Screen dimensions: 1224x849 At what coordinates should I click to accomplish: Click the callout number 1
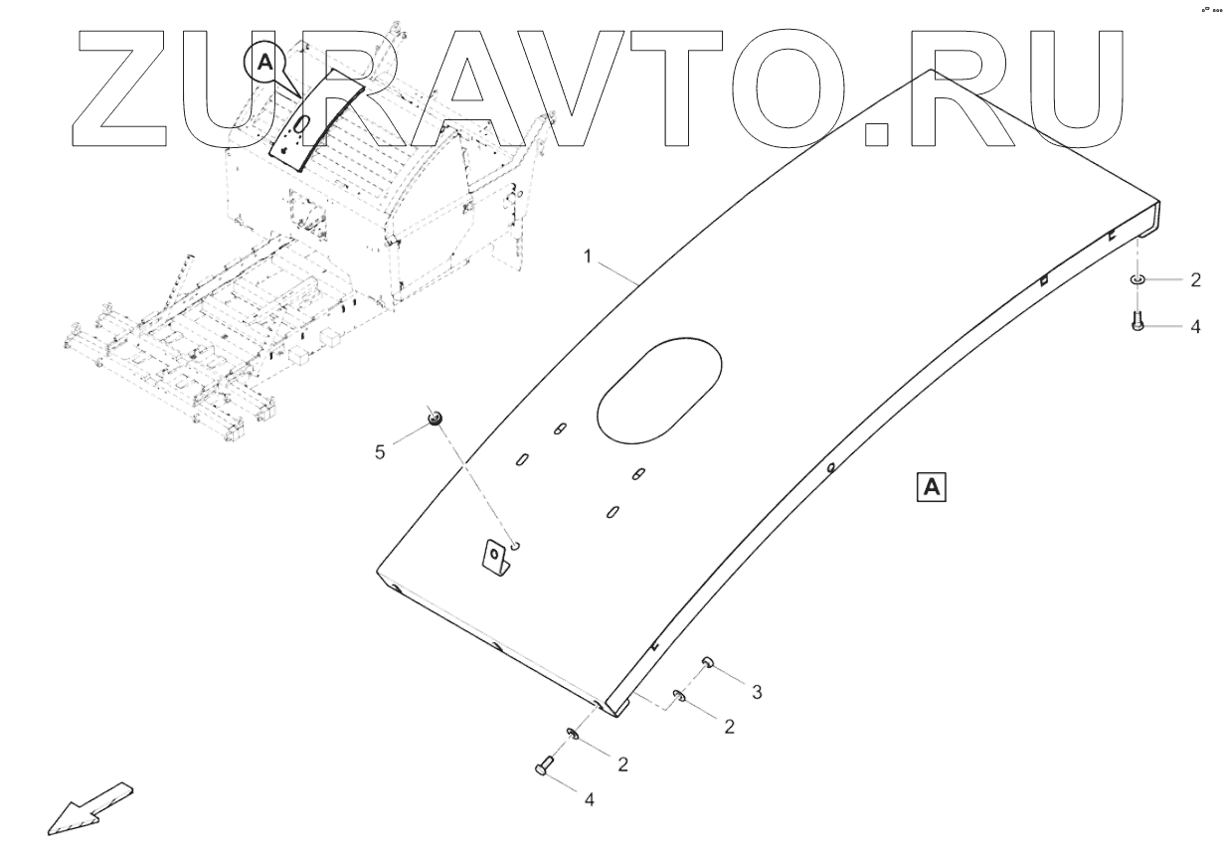[588, 256]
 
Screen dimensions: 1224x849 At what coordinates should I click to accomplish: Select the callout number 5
[379, 452]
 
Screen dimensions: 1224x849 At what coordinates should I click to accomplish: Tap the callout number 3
[757, 691]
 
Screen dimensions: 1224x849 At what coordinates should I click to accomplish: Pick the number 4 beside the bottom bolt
[589, 798]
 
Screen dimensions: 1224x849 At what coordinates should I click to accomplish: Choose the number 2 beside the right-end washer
[1195, 280]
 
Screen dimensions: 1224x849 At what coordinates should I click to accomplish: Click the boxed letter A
[932, 486]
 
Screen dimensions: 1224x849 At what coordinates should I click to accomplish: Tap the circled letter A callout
[263, 62]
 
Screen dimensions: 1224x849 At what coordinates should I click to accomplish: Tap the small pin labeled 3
[708, 662]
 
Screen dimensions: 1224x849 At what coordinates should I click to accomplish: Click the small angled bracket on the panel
[495, 557]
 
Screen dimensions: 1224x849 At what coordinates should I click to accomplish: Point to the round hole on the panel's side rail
[830, 465]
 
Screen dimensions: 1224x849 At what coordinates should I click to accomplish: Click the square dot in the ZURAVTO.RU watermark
[875, 135]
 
